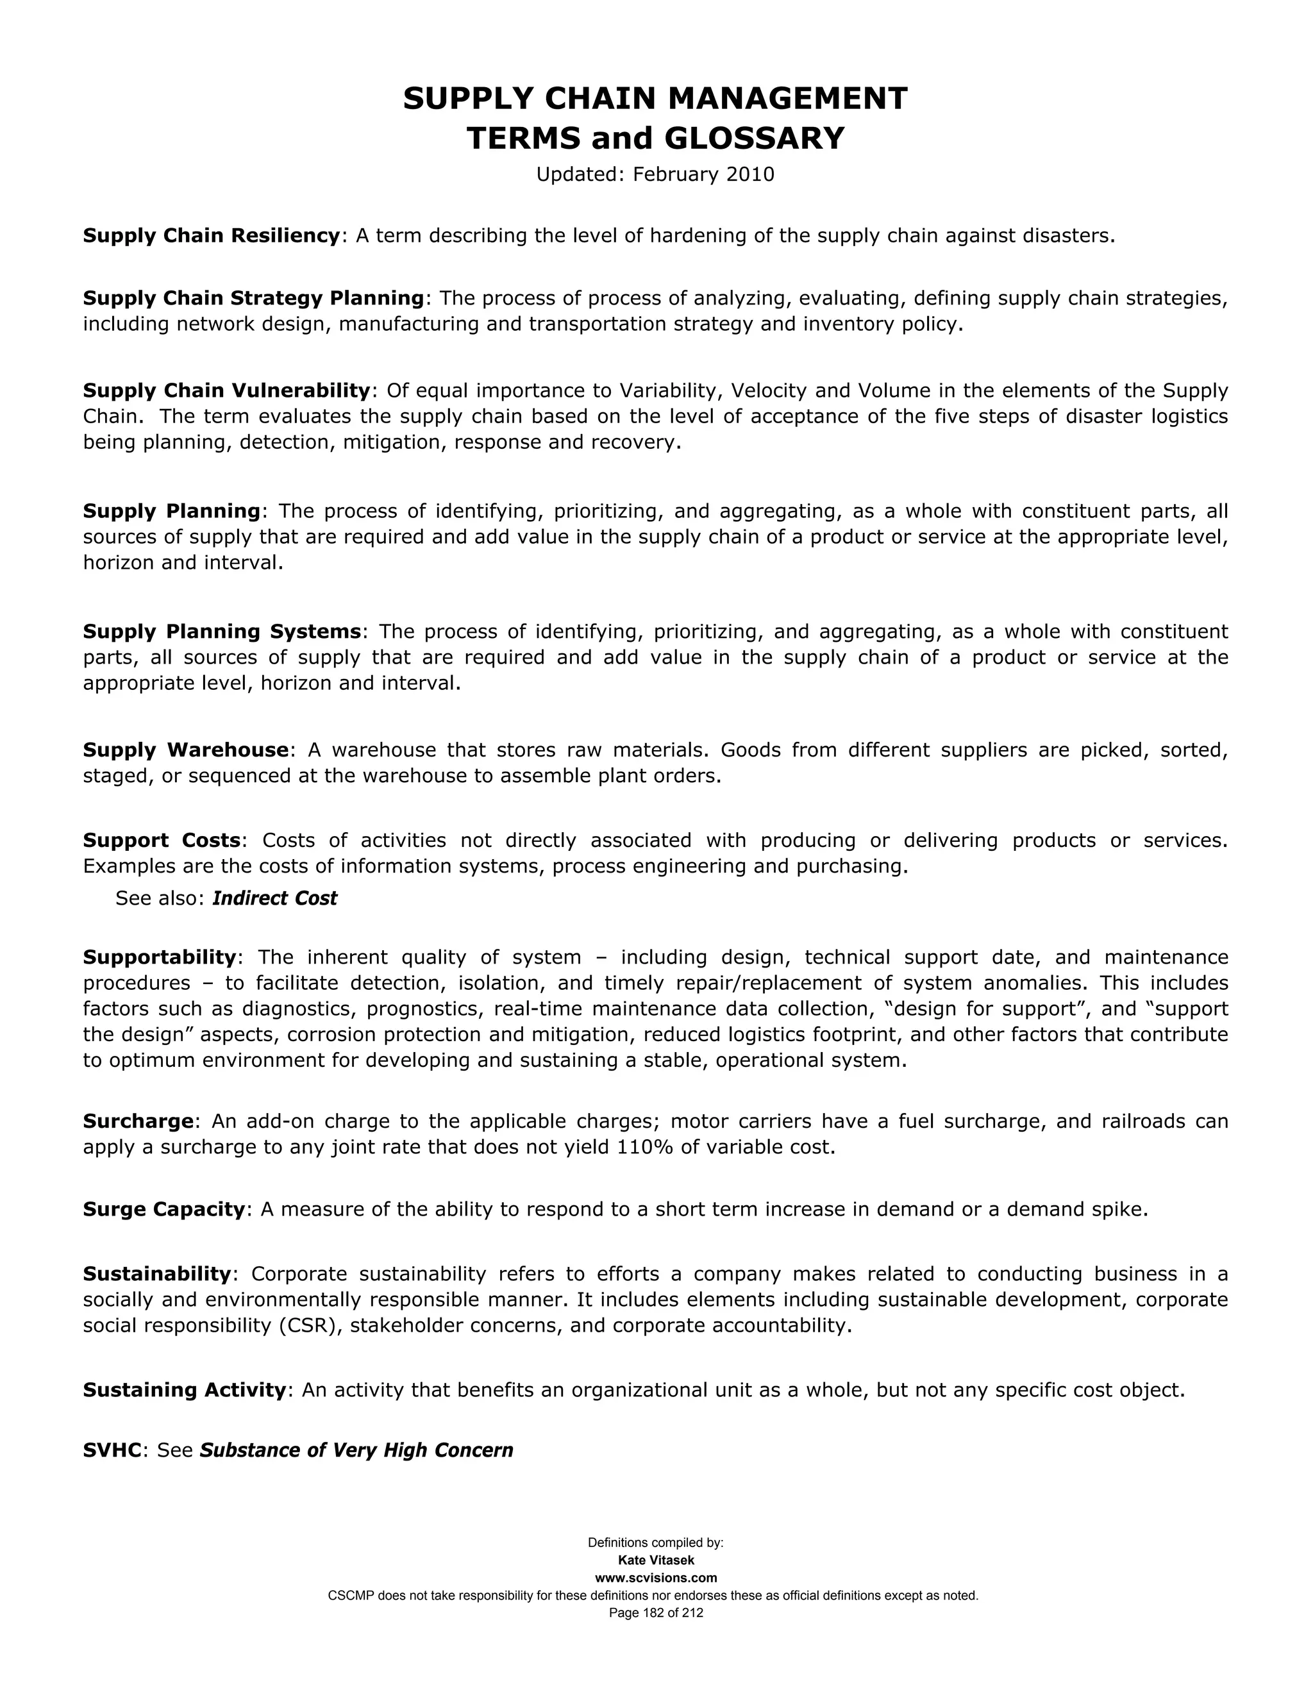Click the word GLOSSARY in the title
(x=754, y=138)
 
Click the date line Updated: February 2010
(x=655, y=174)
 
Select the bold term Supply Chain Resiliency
(x=212, y=236)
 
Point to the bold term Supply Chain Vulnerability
(x=226, y=390)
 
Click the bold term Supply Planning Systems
(x=222, y=631)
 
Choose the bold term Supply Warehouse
(x=186, y=750)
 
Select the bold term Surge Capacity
(x=164, y=1209)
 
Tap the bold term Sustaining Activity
(x=185, y=1389)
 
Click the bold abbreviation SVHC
(x=113, y=1450)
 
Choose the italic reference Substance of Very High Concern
(x=356, y=1450)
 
